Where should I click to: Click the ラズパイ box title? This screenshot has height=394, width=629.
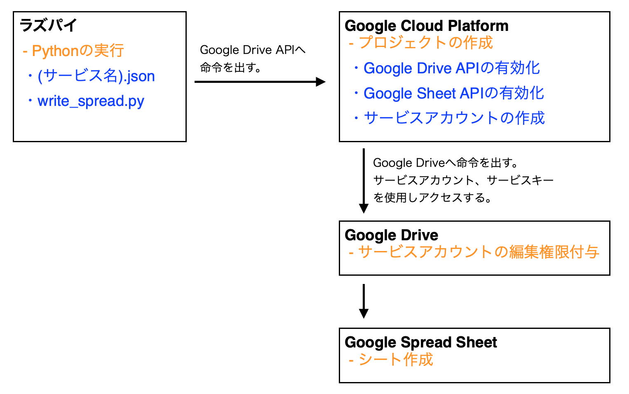point(48,26)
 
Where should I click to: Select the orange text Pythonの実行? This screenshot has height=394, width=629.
point(73,51)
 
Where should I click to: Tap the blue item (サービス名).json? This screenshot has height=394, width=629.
point(96,76)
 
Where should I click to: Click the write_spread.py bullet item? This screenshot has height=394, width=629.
point(91,101)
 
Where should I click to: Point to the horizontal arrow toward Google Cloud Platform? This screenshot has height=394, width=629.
point(260,82)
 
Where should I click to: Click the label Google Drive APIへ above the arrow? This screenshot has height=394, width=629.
point(252,50)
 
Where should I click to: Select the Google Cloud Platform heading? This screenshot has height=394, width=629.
point(426,26)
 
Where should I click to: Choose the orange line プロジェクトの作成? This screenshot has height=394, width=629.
point(420,43)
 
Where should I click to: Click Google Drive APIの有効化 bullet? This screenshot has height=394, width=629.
point(451,68)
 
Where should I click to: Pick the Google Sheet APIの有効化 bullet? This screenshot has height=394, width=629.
point(453,94)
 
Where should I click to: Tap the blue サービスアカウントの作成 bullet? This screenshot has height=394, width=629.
point(454,118)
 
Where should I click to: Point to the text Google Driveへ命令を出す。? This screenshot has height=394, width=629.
point(446,163)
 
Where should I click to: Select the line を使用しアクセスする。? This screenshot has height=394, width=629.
point(432,198)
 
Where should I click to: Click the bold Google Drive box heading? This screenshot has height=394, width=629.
point(391,235)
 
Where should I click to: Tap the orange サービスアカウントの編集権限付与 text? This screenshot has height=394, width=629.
point(474,252)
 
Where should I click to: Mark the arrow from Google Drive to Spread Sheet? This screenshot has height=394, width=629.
point(364,301)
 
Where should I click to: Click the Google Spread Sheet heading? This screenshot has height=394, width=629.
point(420,342)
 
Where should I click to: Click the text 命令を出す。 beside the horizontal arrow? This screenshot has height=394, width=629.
point(231,68)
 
